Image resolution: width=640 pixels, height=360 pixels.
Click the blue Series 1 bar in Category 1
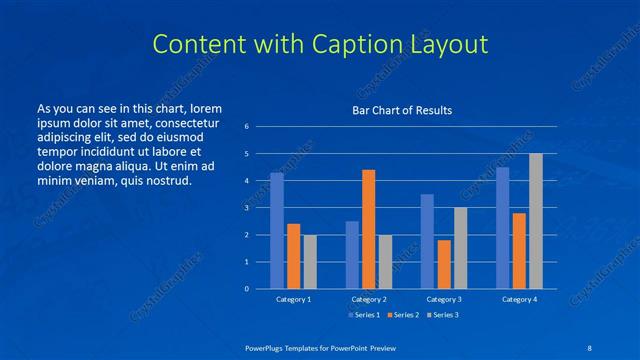pos(277,231)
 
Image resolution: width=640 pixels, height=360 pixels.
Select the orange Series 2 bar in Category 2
pos(368,229)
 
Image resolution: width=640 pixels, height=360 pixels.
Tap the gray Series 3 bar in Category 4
pos(536,221)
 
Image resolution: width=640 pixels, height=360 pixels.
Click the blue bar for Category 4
pos(502,228)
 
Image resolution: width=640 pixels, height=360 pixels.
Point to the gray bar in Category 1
pos(310,262)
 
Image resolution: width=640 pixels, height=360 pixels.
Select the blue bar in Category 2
pos(352,255)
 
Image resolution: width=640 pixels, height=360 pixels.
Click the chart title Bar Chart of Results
pos(402,110)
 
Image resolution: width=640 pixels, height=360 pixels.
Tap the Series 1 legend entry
pos(365,315)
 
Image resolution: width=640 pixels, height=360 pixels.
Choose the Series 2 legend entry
pos(403,315)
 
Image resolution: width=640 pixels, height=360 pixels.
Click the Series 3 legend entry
pos(441,315)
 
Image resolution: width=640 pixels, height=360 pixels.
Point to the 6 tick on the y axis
pos(246,127)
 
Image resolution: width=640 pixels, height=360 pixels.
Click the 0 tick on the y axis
pos(246,289)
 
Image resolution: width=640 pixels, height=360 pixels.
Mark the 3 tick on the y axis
pos(246,208)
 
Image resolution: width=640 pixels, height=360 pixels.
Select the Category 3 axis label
pos(444,299)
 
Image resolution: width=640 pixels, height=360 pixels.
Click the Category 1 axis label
pos(293,299)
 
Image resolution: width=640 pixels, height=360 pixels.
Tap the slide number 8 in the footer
pos(587,348)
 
